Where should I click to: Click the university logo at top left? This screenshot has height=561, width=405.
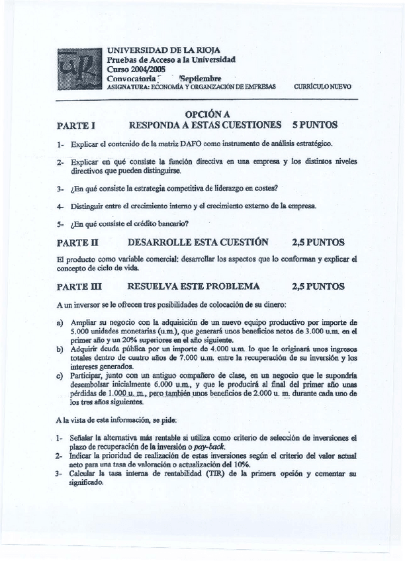[x=78, y=67]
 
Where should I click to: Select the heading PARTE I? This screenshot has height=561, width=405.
[x=77, y=124]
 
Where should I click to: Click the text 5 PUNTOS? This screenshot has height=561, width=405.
[x=315, y=124]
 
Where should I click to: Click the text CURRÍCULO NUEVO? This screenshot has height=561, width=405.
[x=322, y=87]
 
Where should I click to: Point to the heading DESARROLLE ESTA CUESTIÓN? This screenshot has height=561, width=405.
[x=198, y=242]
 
